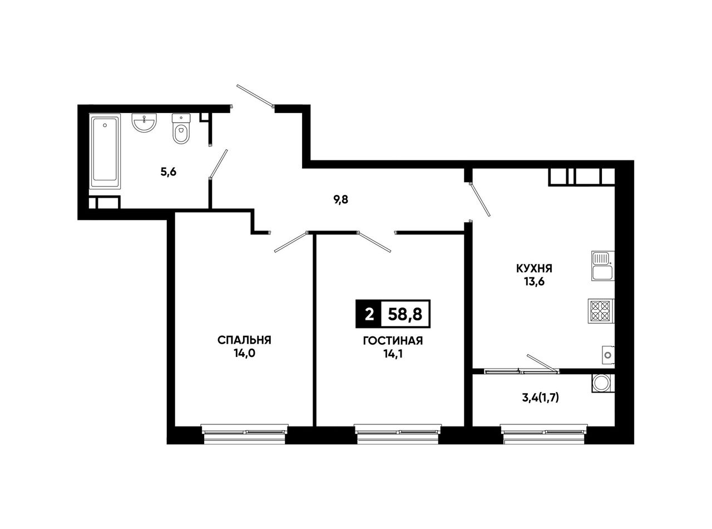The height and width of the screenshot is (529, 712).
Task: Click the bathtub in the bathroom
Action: [105, 151]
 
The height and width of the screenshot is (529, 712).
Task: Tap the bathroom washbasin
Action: [144, 123]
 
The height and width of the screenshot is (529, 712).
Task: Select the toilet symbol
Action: [181, 129]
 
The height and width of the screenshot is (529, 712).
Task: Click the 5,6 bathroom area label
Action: [169, 172]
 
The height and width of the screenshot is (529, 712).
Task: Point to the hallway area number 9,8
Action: [340, 200]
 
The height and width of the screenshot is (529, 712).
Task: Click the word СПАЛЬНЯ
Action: [244, 340]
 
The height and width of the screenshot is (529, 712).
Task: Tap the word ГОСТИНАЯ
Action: [393, 341]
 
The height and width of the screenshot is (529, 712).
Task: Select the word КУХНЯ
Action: [534, 268]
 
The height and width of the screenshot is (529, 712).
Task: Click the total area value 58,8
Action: [405, 314]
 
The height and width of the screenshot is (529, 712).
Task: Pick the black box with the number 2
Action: [369, 314]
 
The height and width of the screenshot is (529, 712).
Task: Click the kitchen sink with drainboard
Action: [603, 266]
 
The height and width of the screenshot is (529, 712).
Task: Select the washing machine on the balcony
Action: [603, 383]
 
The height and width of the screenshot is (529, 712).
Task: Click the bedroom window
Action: [244, 434]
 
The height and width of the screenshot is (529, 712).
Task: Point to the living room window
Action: [398, 434]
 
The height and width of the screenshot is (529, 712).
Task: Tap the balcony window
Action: [544, 434]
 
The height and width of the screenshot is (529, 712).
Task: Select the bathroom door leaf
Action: [219, 164]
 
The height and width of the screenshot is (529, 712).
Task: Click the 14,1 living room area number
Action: [393, 354]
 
